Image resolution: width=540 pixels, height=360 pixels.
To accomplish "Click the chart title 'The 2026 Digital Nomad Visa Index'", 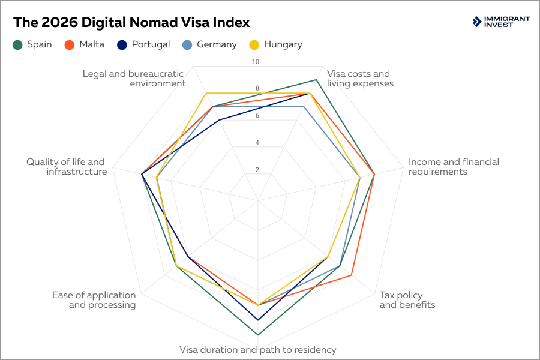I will pyautogui.click(x=131, y=22).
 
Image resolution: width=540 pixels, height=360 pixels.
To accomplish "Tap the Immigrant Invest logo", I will pyautogui.click(x=501, y=22).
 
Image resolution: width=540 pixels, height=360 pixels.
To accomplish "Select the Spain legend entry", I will pyautogui.click(x=32, y=44).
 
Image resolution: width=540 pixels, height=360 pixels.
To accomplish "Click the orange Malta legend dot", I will pyautogui.click(x=69, y=44).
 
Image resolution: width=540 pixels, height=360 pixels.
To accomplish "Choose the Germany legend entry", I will pyautogui.click(x=210, y=44).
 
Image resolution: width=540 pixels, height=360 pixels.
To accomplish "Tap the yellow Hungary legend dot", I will pyautogui.click(x=254, y=44).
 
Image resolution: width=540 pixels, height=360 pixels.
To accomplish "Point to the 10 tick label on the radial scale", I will pyautogui.click(x=256, y=62).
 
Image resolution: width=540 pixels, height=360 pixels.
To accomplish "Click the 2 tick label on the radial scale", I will pyautogui.click(x=257, y=170).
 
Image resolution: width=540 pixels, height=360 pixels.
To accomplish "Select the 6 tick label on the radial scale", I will pyautogui.click(x=257, y=116).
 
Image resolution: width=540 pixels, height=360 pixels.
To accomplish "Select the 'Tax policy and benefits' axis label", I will pyautogui.click(x=407, y=300).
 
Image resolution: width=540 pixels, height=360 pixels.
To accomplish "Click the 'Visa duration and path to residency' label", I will pyautogui.click(x=258, y=350).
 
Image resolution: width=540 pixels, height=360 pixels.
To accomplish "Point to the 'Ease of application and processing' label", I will pyautogui.click(x=94, y=300).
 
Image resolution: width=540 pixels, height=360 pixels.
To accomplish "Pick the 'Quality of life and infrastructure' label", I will pyautogui.click(x=66, y=167).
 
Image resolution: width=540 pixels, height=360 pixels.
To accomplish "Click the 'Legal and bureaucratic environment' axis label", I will pyautogui.click(x=134, y=79).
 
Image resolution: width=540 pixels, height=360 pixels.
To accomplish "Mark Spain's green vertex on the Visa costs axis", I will pyautogui.click(x=316, y=80).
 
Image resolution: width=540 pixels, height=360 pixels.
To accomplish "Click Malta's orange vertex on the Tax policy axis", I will pyautogui.click(x=351, y=275).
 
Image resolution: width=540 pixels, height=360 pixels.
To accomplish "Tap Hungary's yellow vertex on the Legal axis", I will pyautogui.click(x=206, y=93).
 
